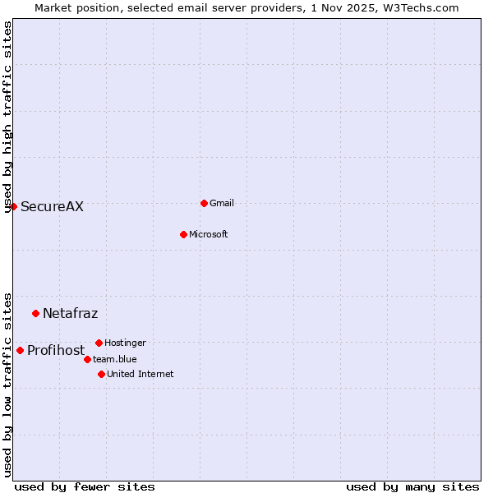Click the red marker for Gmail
(x=204, y=203)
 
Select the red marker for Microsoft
(x=183, y=234)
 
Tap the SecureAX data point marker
(x=13, y=206)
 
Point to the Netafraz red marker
(x=35, y=313)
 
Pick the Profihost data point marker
(x=20, y=350)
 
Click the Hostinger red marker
(x=99, y=343)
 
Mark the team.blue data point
(x=87, y=359)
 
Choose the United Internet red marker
(x=101, y=374)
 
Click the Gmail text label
(x=222, y=203)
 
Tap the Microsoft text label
(x=208, y=234)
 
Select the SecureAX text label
(x=52, y=207)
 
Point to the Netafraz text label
(x=70, y=313)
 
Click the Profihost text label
(x=56, y=351)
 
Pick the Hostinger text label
(x=125, y=343)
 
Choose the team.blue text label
(x=114, y=359)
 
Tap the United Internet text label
(x=140, y=374)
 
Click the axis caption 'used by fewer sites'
(x=85, y=486)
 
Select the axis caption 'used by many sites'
(x=412, y=486)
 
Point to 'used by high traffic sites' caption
(x=8, y=117)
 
